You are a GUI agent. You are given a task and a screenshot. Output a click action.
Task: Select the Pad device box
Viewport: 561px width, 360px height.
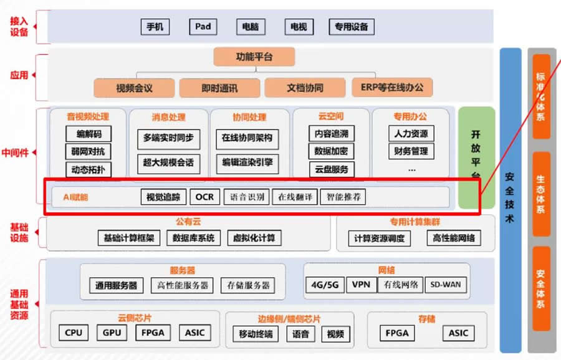[x=203, y=27]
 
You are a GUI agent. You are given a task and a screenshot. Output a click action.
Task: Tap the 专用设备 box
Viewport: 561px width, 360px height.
[x=352, y=27]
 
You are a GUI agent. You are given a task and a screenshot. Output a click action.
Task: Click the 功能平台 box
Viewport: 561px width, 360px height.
[x=254, y=57]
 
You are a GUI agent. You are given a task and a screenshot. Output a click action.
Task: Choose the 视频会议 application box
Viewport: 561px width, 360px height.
[x=134, y=88]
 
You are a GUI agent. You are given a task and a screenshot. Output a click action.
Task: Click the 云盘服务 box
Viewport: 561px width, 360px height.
[x=331, y=169]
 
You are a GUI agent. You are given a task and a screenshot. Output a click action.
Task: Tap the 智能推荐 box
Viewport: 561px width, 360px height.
[x=343, y=197]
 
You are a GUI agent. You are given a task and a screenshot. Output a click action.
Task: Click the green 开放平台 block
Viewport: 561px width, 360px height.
[x=476, y=157]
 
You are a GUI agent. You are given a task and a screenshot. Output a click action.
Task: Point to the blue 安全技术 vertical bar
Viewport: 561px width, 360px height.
[x=510, y=199]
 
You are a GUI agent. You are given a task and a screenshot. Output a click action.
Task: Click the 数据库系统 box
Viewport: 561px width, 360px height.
[x=193, y=237]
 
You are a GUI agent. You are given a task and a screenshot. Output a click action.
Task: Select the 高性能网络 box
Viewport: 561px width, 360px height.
[x=454, y=238]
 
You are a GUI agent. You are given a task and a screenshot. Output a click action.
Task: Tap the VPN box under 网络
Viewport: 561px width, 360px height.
[x=361, y=285]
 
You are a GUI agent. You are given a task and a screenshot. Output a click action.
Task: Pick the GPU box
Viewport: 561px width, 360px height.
[x=112, y=333]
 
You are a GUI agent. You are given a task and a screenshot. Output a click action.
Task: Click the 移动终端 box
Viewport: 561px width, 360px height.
[x=256, y=334]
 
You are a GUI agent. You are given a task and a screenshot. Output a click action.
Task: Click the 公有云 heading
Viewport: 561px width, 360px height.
[x=188, y=221]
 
